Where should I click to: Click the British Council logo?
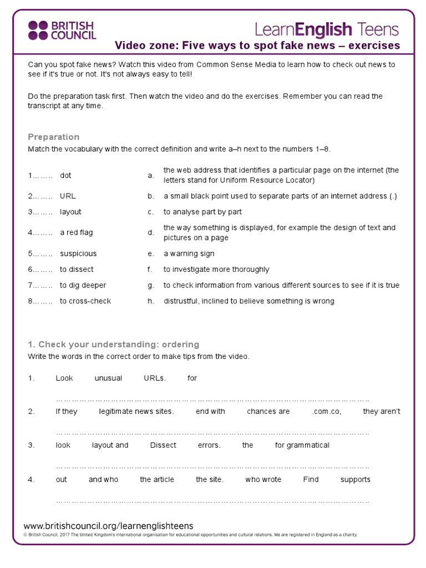tap(62, 31)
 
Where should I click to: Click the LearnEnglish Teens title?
tap(327, 29)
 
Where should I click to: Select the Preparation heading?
tap(54, 137)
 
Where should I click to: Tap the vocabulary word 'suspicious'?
tap(78, 253)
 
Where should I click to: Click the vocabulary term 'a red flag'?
tap(77, 232)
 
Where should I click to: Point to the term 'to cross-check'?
tap(85, 301)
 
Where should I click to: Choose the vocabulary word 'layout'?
tap(70, 212)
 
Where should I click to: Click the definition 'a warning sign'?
tap(189, 253)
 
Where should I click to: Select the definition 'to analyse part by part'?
tap(202, 212)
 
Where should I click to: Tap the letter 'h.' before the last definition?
tap(150, 301)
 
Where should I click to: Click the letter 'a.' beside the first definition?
tap(150, 175)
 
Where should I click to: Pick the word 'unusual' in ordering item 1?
tap(108, 378)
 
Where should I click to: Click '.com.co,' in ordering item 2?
tap(326, 412)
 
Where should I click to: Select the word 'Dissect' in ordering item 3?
tap(163, 445)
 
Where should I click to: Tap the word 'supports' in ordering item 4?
tap(356, 479)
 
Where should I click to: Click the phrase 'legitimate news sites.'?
tap(136, 412)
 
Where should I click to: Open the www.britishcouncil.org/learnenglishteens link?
tap(109, 526)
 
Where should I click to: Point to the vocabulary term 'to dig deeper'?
tap(83, 285)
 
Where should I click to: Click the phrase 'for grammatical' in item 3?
tap(302, 445)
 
